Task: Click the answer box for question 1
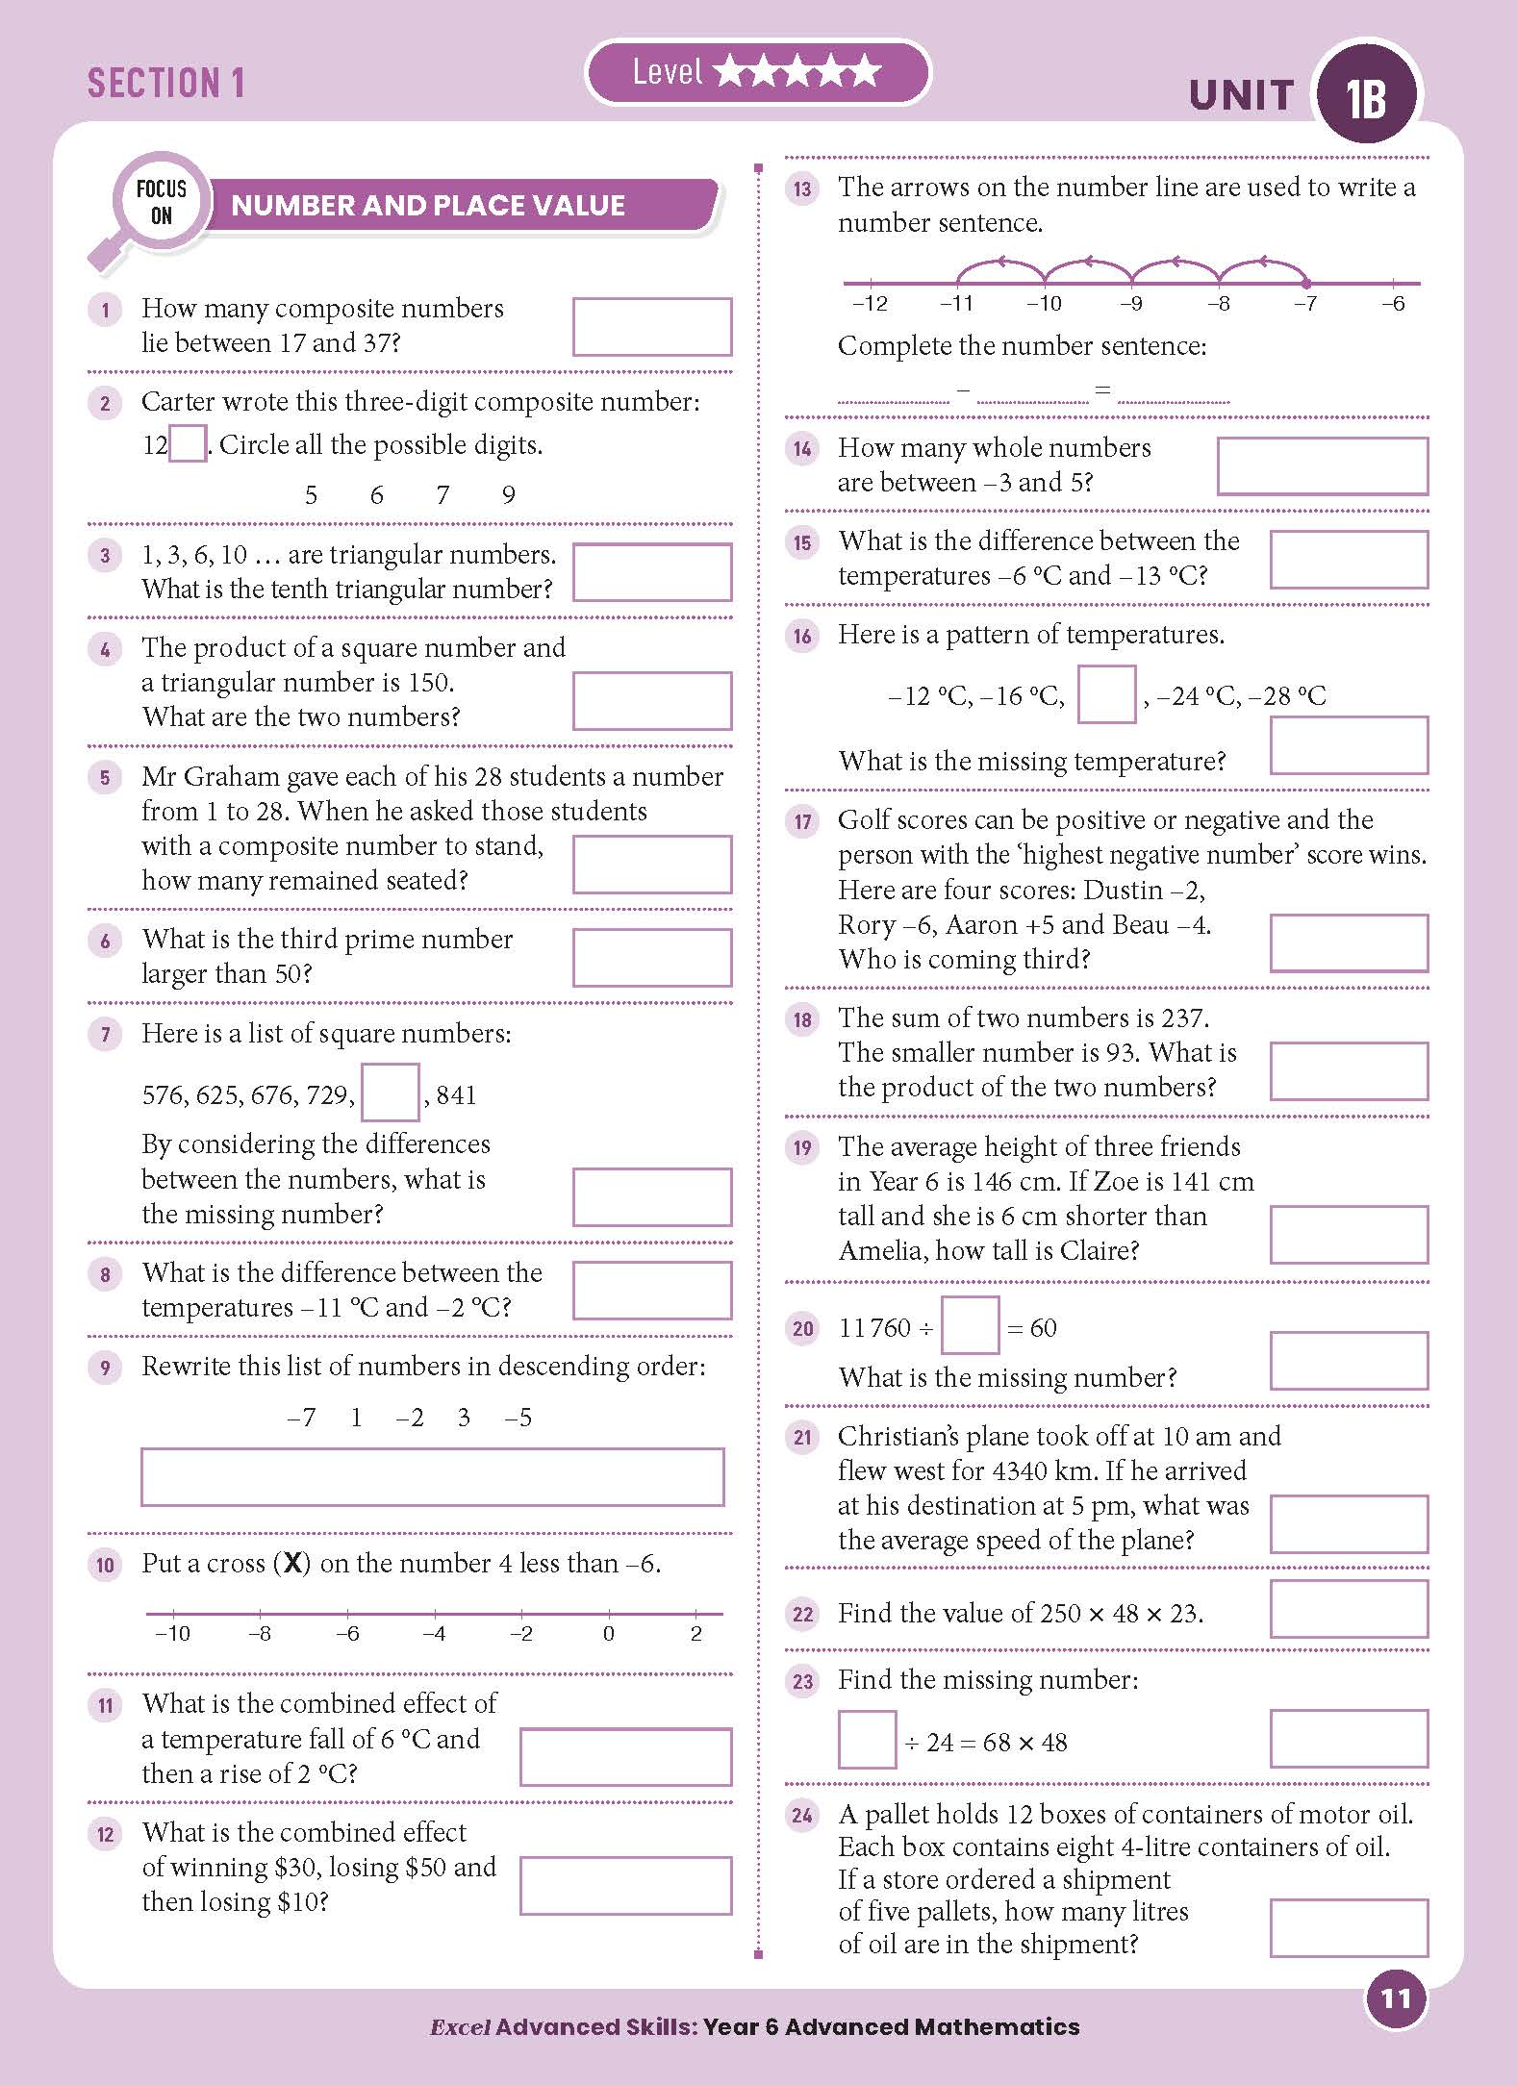tap(651, 326)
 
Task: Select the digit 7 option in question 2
tap(442, 495)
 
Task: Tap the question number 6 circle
tap(105, 941)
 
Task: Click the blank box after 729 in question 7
tap(390, 1093)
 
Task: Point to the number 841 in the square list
tap(456, 1095)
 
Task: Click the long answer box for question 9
tap(432, 1476)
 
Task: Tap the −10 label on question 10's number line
tap(173, 1634)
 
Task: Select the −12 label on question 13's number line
tap(870, 304)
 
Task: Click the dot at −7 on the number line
tap(1305, 283)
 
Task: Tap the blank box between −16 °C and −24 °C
tap(1106, 694)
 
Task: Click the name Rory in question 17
tap(867, 925)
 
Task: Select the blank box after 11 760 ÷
tap(970, 1326)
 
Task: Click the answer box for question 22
tap(1349, 1609)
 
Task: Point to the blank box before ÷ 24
tap(867, 1740)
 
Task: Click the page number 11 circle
tap(1395, 1999)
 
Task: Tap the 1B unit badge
tap(1366, 95)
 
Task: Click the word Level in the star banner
tap(667, 72)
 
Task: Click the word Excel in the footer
tap(461, 2026)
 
